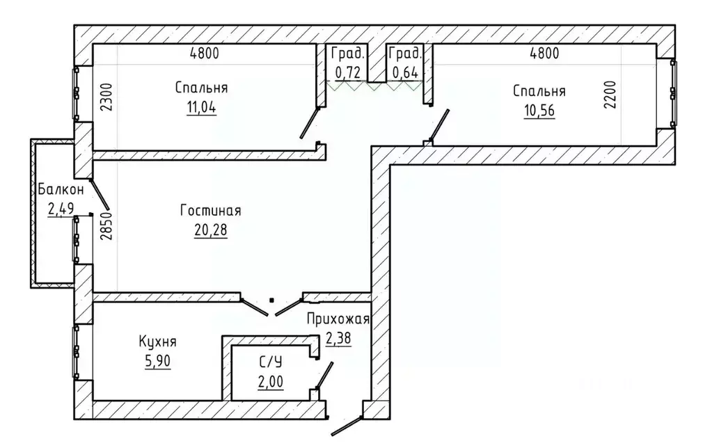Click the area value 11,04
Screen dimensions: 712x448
tap(202, 108)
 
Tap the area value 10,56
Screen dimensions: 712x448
tap(539, 111)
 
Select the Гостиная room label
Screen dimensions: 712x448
tap(211, 211)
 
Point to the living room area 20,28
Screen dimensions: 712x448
tap(211, 230)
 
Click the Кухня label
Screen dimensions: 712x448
tap(157, 342)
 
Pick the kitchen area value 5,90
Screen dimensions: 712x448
tap(157, 361)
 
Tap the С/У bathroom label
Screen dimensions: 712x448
tap(271, 362)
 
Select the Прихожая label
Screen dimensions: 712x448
tap(338, 319)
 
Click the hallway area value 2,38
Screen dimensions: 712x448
tap(338, 339)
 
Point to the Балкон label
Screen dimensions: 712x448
tap(61, 189)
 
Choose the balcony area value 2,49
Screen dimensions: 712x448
tap(61, 209)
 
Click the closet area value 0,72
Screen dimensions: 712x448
tap(348, 72)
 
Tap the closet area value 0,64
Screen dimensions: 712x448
tap(405, 72)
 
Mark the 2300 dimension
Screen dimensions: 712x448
tap(105, 97)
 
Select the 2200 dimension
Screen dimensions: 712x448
tap(610, 95)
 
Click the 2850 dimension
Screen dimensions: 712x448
tap(105, 226)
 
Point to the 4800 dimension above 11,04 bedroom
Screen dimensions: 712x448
tap(205, 53)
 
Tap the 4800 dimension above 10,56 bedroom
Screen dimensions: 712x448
tap(544, 53)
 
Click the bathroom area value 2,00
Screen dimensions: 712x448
tap(271, 382)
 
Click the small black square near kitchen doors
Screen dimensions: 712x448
tap(271, 300)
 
